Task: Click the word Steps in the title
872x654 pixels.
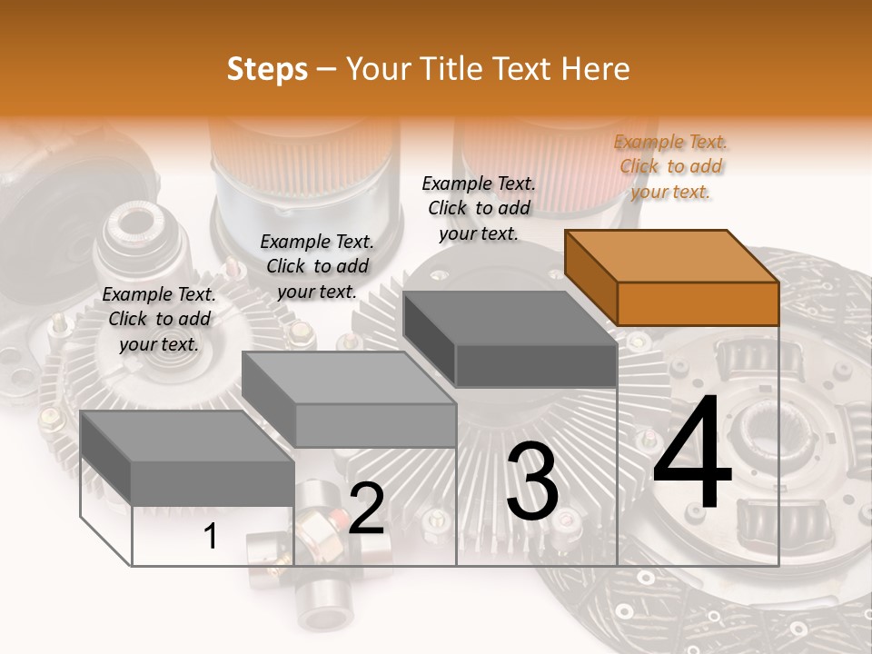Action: tap(267, 69)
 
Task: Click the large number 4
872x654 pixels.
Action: tap(692, 454)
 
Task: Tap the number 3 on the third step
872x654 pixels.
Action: tap(531, 482)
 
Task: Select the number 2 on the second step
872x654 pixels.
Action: tap(366, 509)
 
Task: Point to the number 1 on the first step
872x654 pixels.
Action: tap(211, 537)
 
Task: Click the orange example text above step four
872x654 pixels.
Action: tap(670, 166)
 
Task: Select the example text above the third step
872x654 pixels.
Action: tap(479, 208)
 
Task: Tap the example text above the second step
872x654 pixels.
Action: tap(317, 266)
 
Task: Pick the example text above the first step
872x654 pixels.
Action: tap(159, 319)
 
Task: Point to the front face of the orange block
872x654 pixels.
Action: tap(698, 303)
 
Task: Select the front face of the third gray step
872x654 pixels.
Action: tap(536, 366)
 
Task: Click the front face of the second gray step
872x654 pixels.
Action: tap(375, 425)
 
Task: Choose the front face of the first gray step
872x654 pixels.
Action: tap(213, 483)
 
